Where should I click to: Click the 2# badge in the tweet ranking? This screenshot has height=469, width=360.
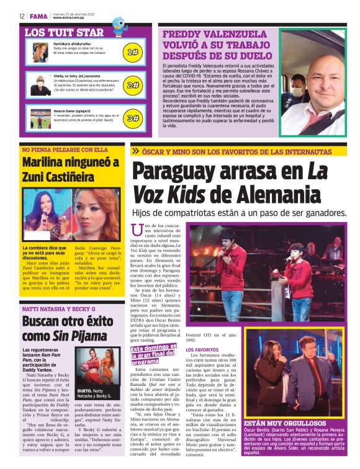point(132,85)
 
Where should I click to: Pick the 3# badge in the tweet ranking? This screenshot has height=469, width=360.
point(132,118)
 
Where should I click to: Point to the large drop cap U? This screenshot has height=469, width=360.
point(137,231)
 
